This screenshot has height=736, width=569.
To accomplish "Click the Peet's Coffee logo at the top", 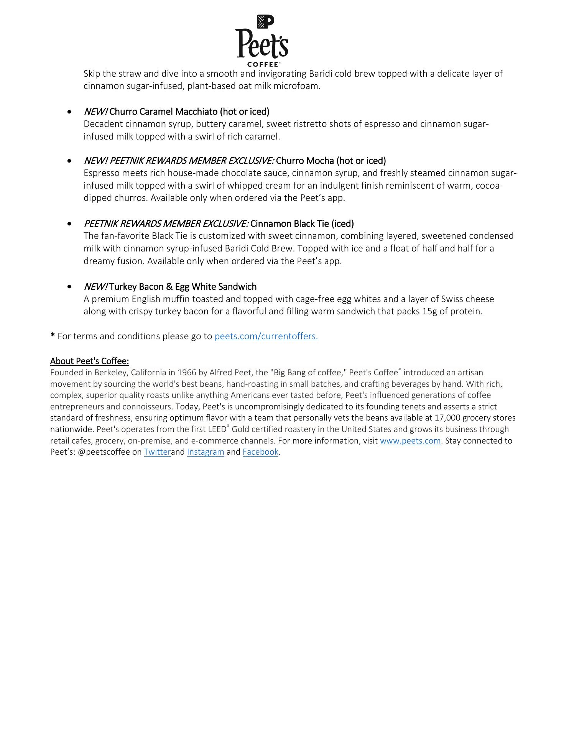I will coord(262,41).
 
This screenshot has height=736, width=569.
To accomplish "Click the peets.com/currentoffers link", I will coord(266,336).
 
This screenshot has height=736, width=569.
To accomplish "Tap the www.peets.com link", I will coord(410,441).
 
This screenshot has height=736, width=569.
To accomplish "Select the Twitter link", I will coord(157,452).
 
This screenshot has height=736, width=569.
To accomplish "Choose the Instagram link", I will coord(206,452).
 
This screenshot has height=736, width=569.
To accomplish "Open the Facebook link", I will coord(260,452).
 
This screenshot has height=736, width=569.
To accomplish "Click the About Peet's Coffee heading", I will coord(89,361).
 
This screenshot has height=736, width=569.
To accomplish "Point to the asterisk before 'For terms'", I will coord(53,336).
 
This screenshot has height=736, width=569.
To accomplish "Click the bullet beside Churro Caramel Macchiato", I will coord(69,112).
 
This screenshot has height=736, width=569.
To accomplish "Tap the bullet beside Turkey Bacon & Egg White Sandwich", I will coord(69,287).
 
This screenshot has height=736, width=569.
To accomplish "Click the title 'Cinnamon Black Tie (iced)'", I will coord(302,223).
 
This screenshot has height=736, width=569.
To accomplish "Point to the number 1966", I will coord(186,373).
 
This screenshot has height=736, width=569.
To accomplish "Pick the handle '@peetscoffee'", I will coord(104,452).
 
